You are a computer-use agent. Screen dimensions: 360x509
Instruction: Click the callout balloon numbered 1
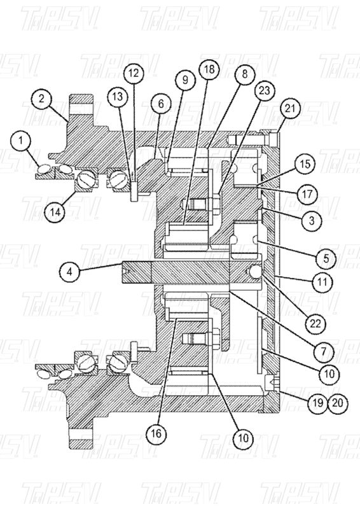[20, 141]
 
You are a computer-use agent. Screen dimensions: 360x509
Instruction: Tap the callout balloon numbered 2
[41, 99]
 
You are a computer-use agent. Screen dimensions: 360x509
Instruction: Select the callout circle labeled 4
[69, 272]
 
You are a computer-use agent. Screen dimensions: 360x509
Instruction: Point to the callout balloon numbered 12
[134, 73]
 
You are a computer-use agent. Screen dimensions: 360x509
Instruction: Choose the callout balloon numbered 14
[55, 212]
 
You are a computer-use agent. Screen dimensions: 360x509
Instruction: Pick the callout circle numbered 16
[156, 433]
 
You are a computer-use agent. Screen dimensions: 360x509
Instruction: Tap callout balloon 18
[209, 69]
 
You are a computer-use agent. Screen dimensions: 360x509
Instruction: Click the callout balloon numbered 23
[265, 90]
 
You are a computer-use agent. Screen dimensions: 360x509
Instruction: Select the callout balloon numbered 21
[290, 108]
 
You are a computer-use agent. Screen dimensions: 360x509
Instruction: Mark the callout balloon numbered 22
[315, 324]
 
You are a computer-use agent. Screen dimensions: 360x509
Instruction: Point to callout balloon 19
[317, 403]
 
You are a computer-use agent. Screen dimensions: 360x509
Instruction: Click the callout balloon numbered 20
[338, 403]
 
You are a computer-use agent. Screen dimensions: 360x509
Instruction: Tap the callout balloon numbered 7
[323, 351]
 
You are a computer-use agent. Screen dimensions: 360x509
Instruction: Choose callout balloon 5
[326, 258]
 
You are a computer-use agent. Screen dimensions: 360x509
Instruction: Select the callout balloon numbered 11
[322, 282]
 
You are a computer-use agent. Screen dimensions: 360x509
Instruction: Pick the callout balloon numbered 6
[161, 104]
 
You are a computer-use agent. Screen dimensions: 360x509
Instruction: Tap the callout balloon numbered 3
[312, 221]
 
